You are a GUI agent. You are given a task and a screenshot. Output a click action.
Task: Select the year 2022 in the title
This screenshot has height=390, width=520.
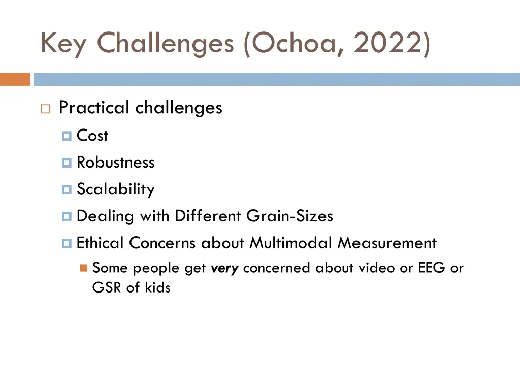pos(388,43)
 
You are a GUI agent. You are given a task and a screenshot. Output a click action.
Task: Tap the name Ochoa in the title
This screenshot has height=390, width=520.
pos(296,43)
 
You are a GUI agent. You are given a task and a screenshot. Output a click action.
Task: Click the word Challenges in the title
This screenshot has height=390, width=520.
pos(165,44)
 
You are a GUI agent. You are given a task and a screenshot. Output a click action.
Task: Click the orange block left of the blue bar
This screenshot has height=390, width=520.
pos(15,79)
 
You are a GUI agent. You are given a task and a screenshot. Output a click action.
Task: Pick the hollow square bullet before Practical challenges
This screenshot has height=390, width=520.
pos(45,109)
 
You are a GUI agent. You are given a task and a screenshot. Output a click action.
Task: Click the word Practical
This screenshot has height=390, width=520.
pos(94,108)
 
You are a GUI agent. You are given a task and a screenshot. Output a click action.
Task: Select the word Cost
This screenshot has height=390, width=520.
pos(92,136)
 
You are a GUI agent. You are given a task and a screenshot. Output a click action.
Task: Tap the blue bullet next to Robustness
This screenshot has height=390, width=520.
pos(67,163)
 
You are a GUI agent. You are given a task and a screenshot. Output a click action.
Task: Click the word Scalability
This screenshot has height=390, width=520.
pos(115,189)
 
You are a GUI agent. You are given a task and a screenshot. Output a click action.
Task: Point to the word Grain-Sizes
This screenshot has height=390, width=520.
pos(289,216)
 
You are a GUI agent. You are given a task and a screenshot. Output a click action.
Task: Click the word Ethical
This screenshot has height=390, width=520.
pos(100,243)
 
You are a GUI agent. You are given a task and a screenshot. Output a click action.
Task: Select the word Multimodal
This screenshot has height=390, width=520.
pos(292,243)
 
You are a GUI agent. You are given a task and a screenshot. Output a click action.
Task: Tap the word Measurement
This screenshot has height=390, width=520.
pos(387,243)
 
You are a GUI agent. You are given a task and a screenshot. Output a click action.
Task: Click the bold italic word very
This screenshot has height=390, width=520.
pos(224,268)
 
